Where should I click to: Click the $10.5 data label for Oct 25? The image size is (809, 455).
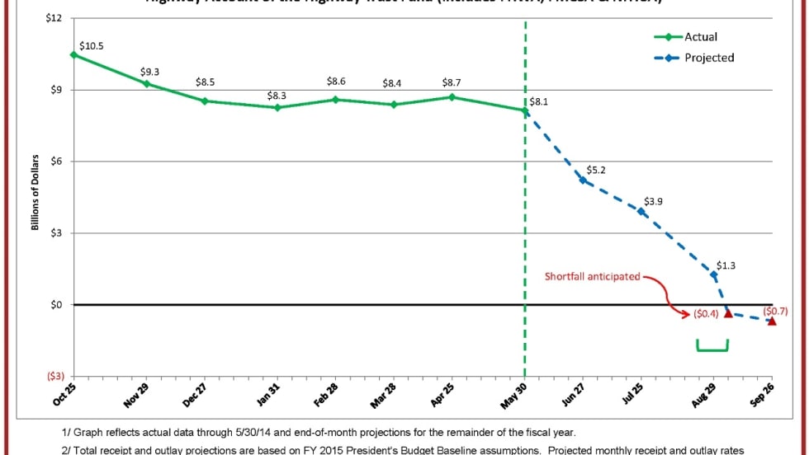click(x=92, y=46)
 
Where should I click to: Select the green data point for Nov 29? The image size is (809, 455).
click(x=146, y=83)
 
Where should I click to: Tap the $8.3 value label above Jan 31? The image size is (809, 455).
click(x=277, y=96)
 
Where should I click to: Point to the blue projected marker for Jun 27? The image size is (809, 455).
click(x=583, y=180)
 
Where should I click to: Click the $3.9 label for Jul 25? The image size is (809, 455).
click(x=653, y=201)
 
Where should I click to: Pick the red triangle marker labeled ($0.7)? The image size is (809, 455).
click(x=772, y=321)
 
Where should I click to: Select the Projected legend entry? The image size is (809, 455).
click(x=708, y=58)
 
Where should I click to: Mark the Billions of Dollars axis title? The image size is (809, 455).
click(x=36, y=191)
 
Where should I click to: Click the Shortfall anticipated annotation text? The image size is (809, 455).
click(x=593, y=277)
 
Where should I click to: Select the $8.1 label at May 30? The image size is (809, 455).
click(x=539, y=101)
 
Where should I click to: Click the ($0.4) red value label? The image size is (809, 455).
click(x=707, y=314)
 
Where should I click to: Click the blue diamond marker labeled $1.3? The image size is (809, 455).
click(x=714, y=274)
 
